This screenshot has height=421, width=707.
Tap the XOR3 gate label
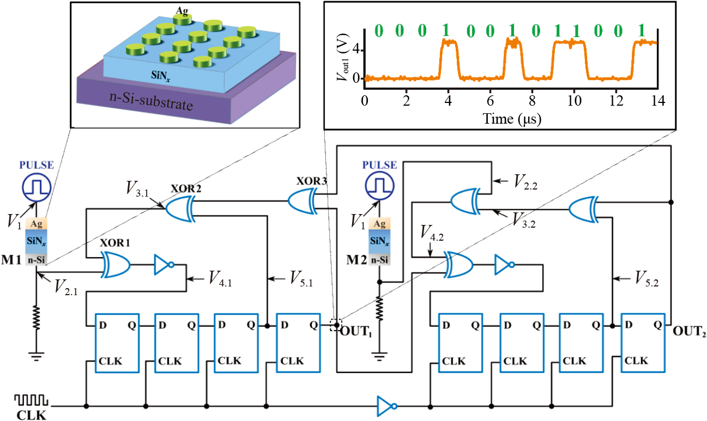click(311, 180)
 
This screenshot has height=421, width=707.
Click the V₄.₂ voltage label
click(433, 236)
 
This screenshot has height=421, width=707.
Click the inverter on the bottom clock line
click(386, 406)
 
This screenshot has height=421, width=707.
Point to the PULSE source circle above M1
click(36, 186)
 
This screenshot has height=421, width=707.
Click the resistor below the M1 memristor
click(36, 317)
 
